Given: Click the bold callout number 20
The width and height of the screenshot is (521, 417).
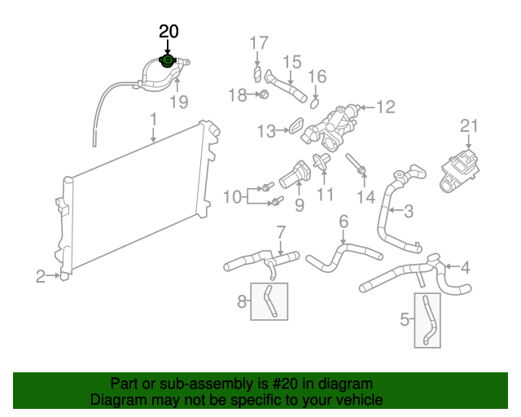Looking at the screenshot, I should tap(169, 32).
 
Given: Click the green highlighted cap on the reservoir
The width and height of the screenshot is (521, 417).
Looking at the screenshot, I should tap(167, 60).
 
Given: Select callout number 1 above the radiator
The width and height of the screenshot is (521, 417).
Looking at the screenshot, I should tap(153, 121).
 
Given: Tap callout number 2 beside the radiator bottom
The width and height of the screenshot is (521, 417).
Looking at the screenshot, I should tap(40, 277).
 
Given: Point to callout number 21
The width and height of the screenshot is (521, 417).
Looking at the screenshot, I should tap(466, 126).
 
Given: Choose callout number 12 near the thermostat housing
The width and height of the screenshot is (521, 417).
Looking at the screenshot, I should tap(385, 106).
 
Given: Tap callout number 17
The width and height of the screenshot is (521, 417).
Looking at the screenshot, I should tap(258, 43).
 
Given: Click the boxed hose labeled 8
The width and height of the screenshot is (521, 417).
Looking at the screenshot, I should tap(269, 301).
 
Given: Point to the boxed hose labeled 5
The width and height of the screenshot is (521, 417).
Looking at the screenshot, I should tap(427, 321).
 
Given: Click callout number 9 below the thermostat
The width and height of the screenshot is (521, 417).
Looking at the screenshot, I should tap(299, 205).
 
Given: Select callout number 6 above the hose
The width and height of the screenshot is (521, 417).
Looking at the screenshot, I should tap(343, 221).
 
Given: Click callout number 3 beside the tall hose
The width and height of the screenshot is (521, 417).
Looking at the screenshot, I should tap(408, 212).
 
